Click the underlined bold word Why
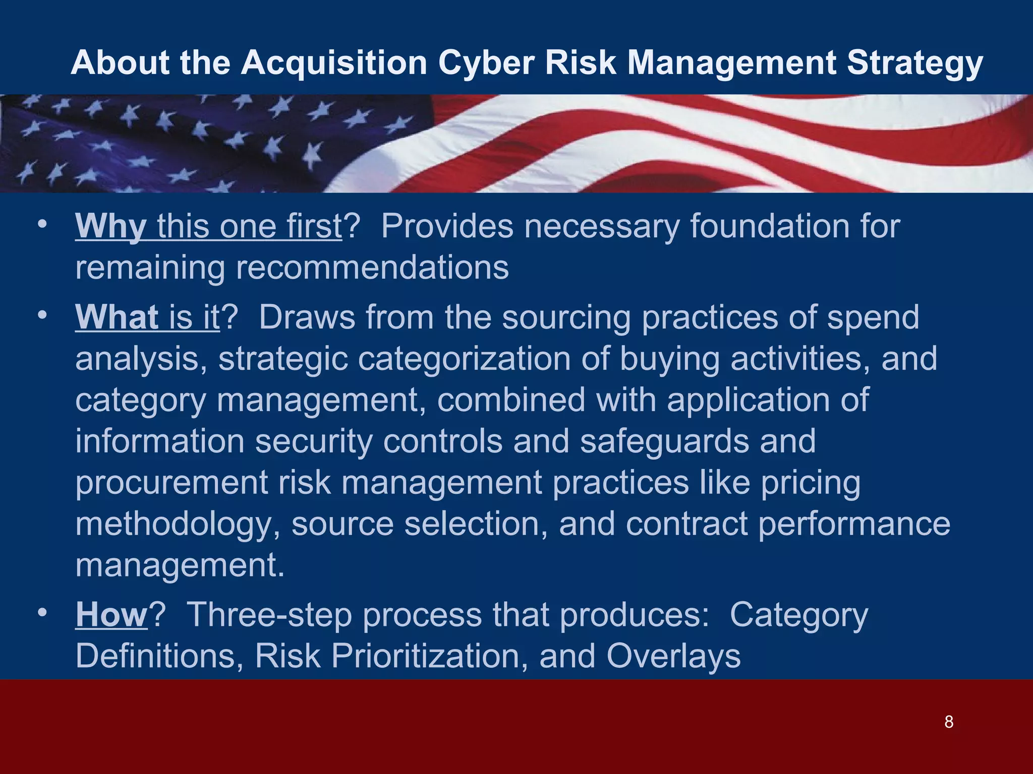[x=111, y=226]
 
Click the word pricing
[x=811, y=483]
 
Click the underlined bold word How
[x=111, y=615]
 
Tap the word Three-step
[x=269, y=615]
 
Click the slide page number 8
[x=949, y=722]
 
